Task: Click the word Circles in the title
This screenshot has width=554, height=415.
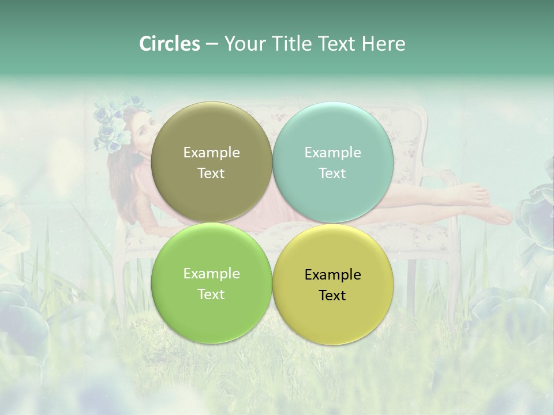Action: coord(169,44)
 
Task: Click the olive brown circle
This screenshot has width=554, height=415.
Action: coord(211,162)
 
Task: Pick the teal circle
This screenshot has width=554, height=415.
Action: coord(332,162)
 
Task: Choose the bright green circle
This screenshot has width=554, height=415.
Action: coord(211,283)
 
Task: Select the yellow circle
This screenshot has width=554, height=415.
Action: coord(332,284)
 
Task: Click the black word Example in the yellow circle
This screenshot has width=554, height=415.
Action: coord(332,275)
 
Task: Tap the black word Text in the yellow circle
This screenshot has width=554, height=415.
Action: coord(332,296)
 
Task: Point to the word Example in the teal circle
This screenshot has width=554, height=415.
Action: coord(332,153)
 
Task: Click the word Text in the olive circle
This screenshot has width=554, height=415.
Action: coord(211,173)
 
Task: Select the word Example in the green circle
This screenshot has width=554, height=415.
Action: coord(211,274)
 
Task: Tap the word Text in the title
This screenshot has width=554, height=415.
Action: coord(335,44)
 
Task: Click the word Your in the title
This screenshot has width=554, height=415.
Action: coord(243,44)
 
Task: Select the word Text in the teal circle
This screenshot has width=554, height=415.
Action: coord(332,173)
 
